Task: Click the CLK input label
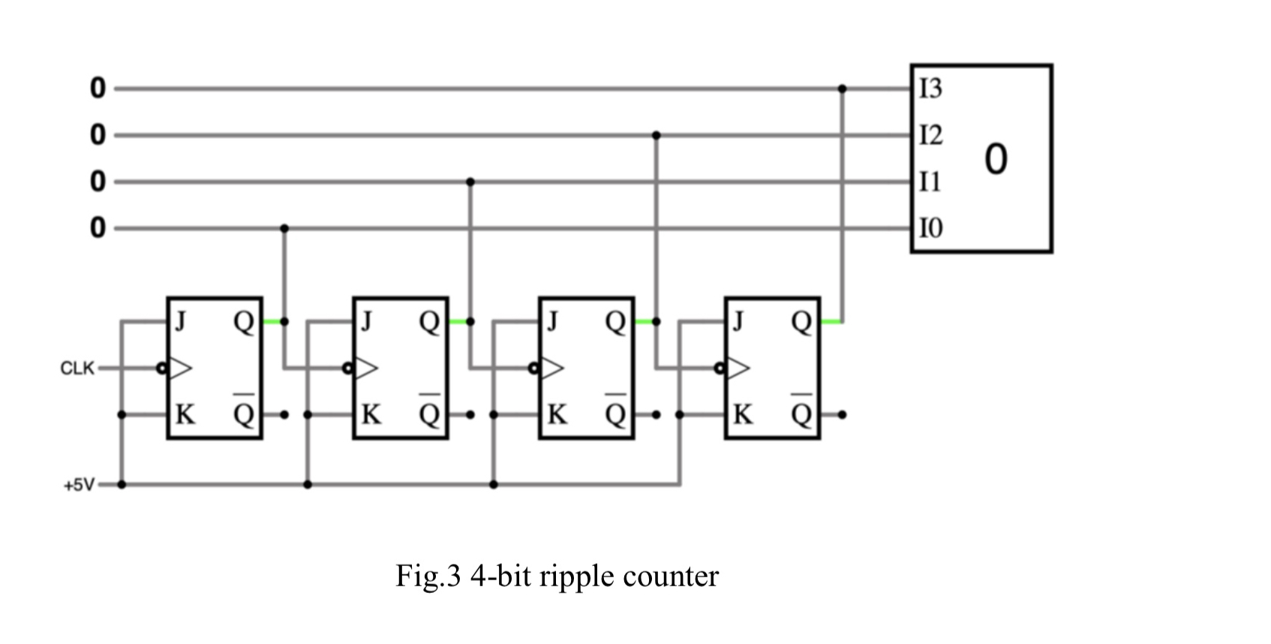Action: point(77,369)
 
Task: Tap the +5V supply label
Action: point(80,485)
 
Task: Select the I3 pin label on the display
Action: point(930,89)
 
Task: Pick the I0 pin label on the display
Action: point(930,227)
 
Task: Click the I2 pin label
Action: point(930,135)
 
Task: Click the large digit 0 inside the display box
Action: point(996,159)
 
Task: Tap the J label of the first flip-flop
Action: point(180,321)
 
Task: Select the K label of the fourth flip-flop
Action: point(743,414)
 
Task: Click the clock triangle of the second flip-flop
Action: point(366,368)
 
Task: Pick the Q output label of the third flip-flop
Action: point(615,322)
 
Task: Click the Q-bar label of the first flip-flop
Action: point(244,412)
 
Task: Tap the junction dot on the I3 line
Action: point(842,89)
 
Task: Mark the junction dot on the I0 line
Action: point(284,228)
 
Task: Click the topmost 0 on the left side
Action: point(98,89)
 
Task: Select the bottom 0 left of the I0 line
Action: point(98,227)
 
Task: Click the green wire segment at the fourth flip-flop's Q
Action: point(831,322)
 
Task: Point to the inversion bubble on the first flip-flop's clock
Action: point(161,369)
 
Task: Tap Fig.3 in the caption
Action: point(427,576)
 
